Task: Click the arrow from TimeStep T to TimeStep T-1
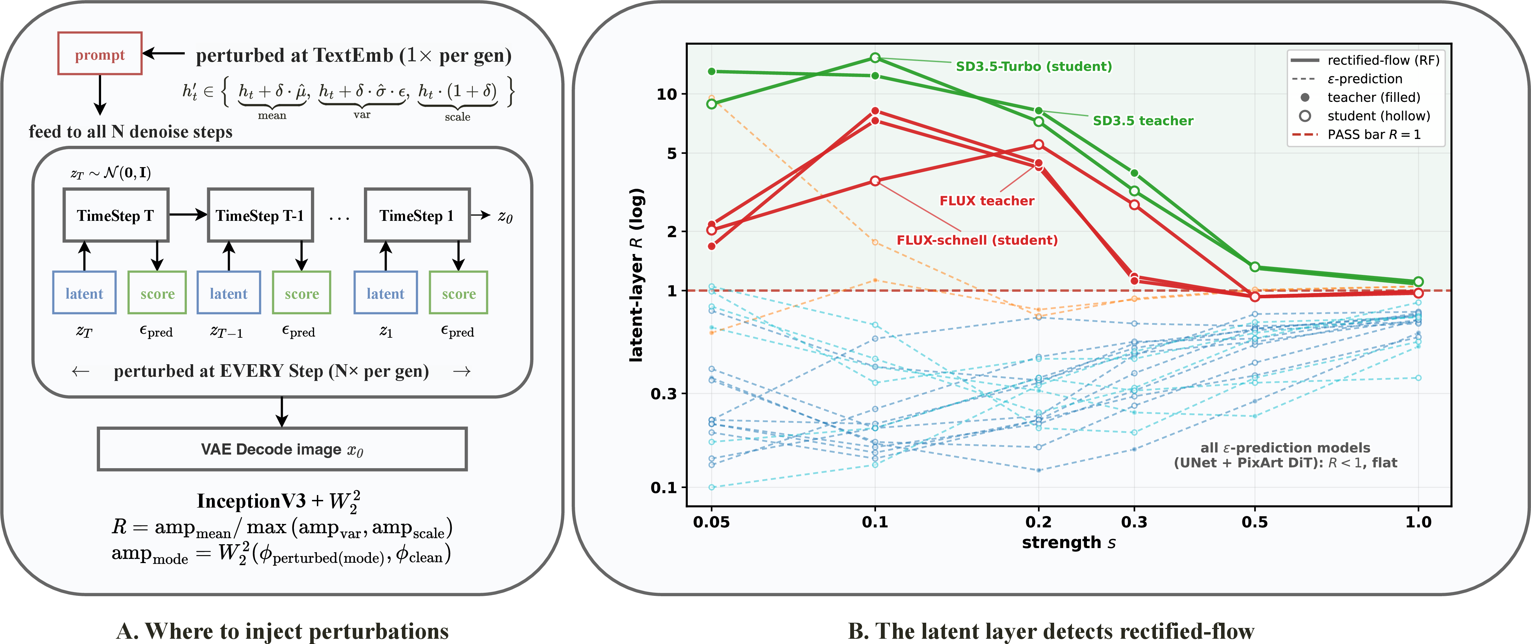pos(188,215)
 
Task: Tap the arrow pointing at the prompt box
pos(164,53)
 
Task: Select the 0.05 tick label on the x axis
pos(711,522)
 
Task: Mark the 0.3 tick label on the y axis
pos(664,394)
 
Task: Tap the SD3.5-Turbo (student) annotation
pos(1034,66)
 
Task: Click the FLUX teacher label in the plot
pos(987,201)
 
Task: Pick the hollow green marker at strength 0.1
pos(875,58)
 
